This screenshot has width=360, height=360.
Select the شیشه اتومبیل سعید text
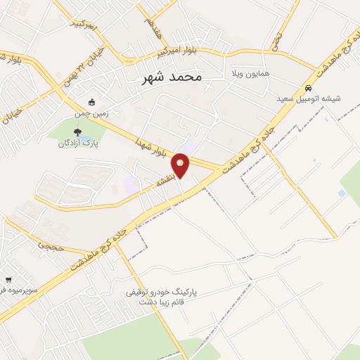click(x=309, y=99)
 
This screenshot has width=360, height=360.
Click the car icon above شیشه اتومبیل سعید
click(x=308, y=88)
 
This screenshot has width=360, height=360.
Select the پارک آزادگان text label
click(x=78, y=143)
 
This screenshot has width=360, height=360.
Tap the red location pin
click(x=181, y=165)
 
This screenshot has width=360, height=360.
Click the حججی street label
click(x=53, y=247)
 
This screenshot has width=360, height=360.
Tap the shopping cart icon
click(x=8, y=279)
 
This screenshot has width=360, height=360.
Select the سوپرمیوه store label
click(x=25, y=289)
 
